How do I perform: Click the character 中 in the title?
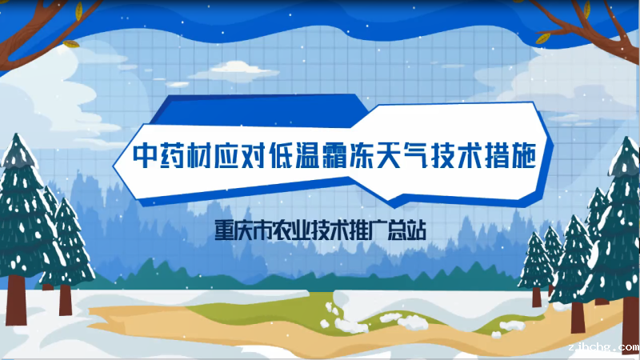tap(145, 155)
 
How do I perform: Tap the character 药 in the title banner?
tap(171, 155)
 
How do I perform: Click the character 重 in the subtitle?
tap(224, 230)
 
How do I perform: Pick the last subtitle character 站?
tap(417, 230)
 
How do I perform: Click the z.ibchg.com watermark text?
tap(604, 347)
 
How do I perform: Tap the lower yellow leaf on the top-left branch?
tap(71, 43)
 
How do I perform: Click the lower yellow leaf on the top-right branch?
tap(542, 38)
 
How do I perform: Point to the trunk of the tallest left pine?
tap(16, 300)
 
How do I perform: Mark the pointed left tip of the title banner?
tap(114, 166)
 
